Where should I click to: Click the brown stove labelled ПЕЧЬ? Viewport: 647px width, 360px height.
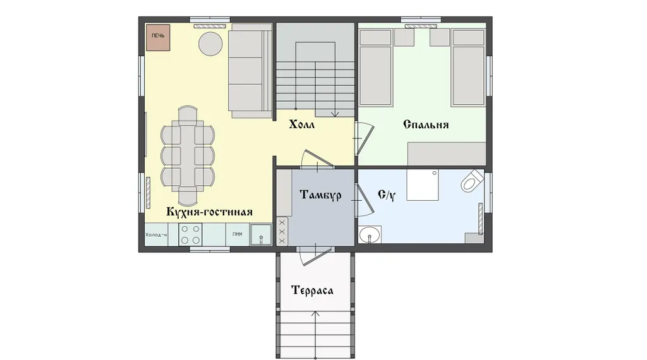tap(158, 38)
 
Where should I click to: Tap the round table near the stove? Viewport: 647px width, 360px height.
tap(210, 44)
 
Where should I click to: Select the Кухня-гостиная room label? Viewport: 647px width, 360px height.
tap(209, 212)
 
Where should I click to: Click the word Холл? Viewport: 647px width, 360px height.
tap(301, 124)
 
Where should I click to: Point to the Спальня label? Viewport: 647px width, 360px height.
tap(426, 124)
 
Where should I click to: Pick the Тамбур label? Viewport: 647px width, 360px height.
tap(320, 195)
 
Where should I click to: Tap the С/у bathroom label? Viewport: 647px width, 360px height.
tap(387, 195)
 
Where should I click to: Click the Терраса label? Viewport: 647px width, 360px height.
tap(312, 291)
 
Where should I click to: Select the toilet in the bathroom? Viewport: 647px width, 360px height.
tap(472, 181)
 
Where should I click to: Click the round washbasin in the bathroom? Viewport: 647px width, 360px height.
tap(369, 236)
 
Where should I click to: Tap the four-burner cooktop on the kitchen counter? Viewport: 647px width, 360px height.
tap(190, 235)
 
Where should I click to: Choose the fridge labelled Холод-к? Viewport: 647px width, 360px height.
tap(157, 235)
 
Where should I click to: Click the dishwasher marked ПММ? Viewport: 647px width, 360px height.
tap(238, 234)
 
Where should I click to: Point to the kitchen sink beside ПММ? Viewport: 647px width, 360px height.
tap(261, 235)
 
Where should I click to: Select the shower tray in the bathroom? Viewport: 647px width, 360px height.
tap(423, 185)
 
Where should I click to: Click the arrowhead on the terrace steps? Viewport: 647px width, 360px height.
tap(316, 314)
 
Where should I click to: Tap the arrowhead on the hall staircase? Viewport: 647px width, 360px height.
tap(335, 114)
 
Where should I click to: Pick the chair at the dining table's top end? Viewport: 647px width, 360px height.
tap(188, 116)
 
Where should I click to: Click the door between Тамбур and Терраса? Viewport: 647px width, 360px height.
tap(315, 256)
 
